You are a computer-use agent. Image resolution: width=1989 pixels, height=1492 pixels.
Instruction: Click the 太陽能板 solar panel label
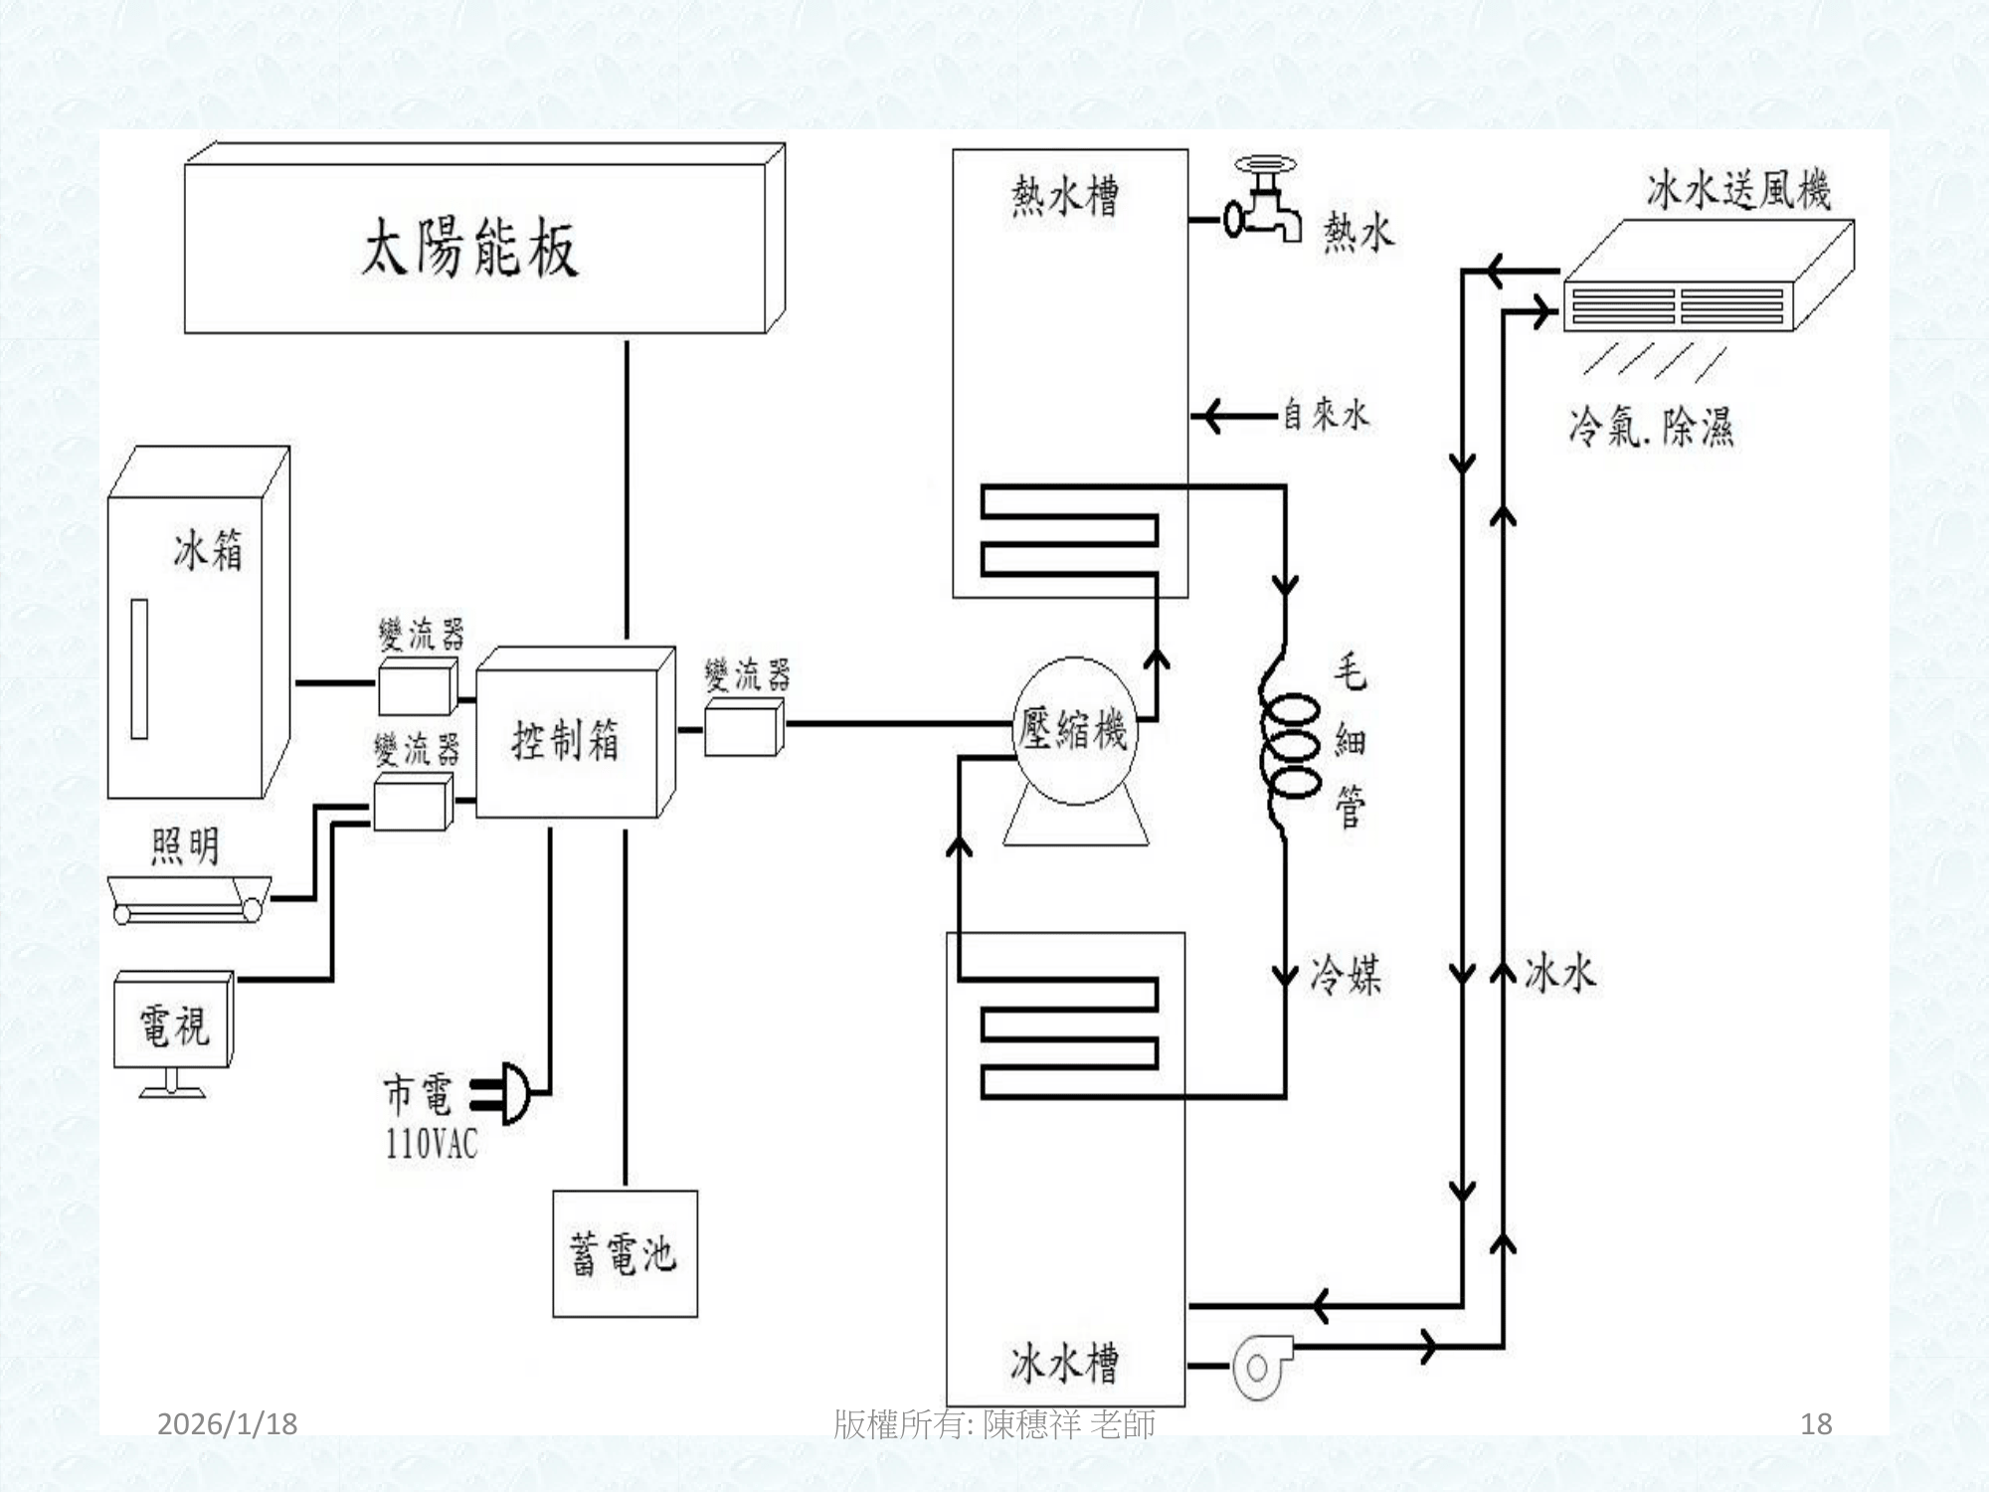[x=468, y=248]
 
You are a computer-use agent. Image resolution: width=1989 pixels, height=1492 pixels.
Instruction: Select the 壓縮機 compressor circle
[x=1073, y=731]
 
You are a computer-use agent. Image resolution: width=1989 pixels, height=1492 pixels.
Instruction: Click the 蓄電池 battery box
[x=625, y=1253]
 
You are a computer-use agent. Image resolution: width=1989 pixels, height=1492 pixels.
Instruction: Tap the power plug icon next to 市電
[x=511, y=1092]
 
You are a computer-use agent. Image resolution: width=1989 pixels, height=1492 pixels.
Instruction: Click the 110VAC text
[x=431, y=1144]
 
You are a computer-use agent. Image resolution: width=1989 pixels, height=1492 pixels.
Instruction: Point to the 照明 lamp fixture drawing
[x=189, y=899]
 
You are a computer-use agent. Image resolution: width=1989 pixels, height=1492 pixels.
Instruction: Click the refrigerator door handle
[x=139, y=668]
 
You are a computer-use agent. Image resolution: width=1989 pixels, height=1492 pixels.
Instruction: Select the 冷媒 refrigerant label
[x=1346, y=974]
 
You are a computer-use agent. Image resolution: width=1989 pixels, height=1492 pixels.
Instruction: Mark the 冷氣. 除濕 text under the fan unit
[x=1651, y=428]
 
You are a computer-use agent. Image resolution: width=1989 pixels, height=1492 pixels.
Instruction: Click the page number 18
[x=1816, y=1424]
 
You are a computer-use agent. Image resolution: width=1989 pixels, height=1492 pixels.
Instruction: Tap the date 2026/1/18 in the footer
[x=228, y=1424]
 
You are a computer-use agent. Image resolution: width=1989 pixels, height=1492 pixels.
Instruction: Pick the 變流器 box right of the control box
[x=742, y=728]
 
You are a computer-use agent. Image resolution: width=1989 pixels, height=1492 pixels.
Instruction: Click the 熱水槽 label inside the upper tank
[x=1065, y=196]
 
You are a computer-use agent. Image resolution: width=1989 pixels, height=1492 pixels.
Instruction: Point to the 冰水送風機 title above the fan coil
[x=1738, y=189]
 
